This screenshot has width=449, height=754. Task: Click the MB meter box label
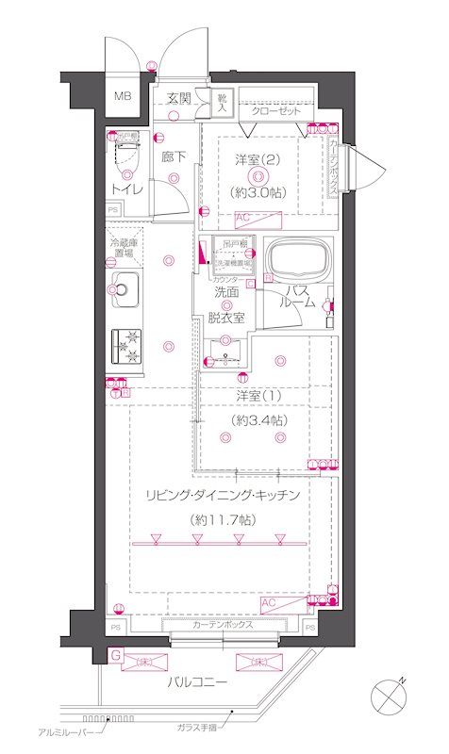pos(124,96)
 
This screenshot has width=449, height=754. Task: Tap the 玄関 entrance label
pos(179,97)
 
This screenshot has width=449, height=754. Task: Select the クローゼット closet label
pos(275,110)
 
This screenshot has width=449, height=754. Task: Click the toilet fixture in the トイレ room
pos(125,153)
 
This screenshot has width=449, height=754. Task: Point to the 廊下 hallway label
pos(173,157)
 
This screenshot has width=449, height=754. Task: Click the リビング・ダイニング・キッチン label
pos(223,495)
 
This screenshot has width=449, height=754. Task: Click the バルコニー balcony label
pos(199,680)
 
